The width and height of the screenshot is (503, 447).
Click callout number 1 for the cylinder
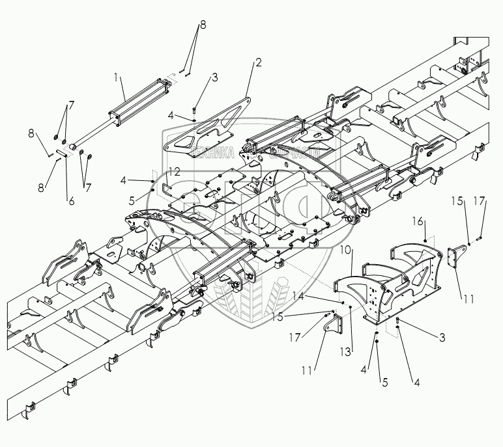(x=117, y=77)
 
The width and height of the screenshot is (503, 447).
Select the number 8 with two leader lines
(x=202, y=24)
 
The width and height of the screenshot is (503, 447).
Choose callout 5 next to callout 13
(x=384, y=382)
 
